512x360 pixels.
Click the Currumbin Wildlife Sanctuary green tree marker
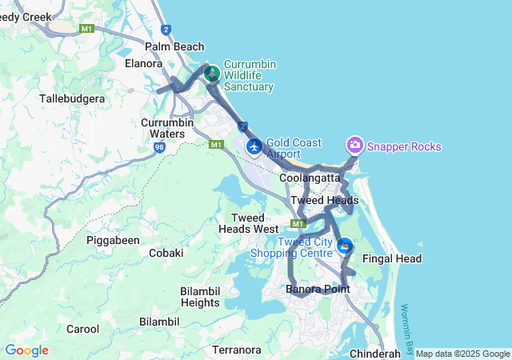pyautogui.click(x=212, y=74)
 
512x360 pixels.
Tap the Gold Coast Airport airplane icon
pyautogui.click(x=254, y=146)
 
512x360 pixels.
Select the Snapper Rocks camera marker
pyautogui.click(x=354, y=145)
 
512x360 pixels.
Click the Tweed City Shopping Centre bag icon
pyautogui.click(x=345, y=245)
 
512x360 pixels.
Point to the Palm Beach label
pyautogui.click(x=174, y=46)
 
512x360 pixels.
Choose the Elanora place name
pyautogui.click(x=144, y=62)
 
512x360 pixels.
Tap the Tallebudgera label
pyautogui.click(x=72, y=98)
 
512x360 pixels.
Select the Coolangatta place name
pyautogui.click(x=310, y=178)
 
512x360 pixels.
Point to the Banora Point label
pyautogui.click(x=318, y=289)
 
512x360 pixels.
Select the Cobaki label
pyautogui.click(x=166, y=253)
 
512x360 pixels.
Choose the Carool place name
pyautogui.click(x=82, y=329)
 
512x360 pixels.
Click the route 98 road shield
pyautogui.click(x=160, y=148)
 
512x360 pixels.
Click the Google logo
pyautogui.click(x=26, y=350)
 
